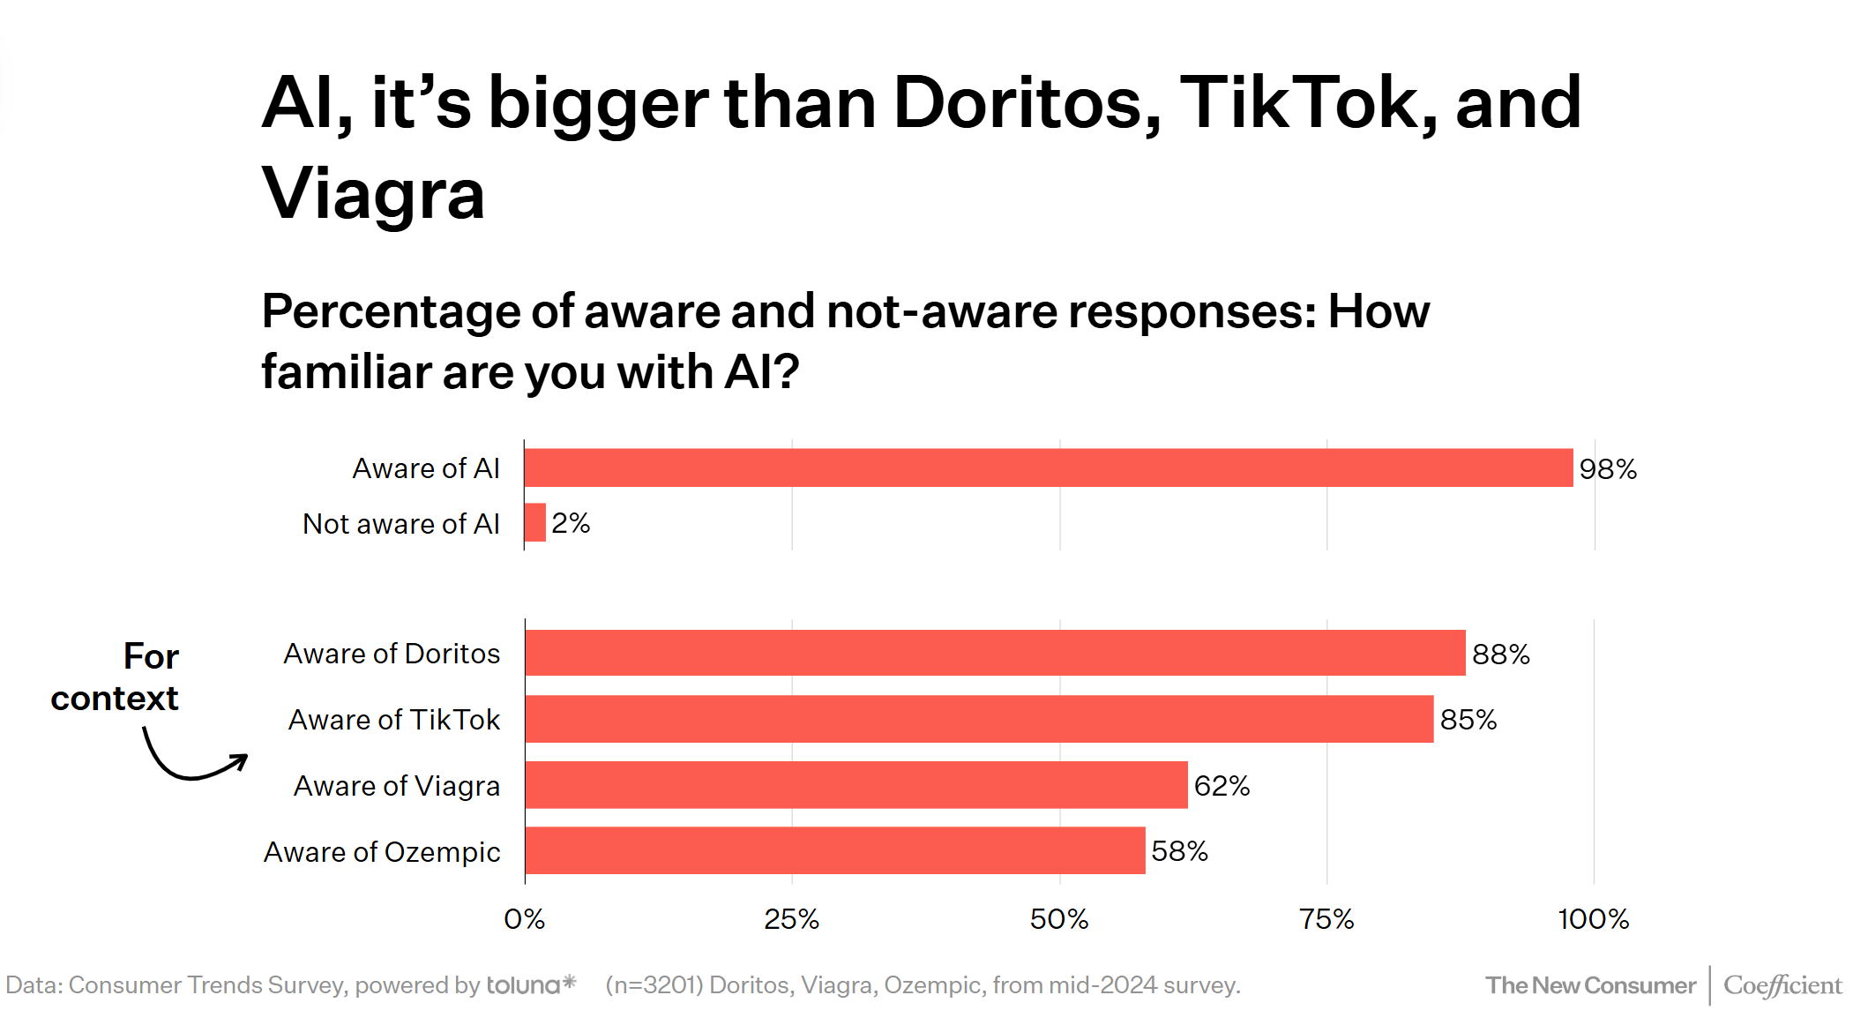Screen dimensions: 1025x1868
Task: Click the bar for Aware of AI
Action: pos(1048,468)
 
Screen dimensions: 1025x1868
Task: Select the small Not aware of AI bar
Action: pos(535,522)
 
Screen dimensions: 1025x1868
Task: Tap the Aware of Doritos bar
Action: pos(995,653)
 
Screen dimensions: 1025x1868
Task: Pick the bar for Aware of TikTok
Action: pos(979,719)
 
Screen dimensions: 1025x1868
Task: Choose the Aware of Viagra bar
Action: pos(856,785)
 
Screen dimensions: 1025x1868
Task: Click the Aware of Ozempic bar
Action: pos(834,850)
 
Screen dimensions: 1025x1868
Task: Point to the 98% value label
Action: pos(1608,469)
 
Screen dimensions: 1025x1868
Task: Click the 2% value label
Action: pos(571,523)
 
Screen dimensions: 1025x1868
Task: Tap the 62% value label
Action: pos(1222,785)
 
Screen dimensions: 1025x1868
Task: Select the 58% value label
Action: pos(1179,851)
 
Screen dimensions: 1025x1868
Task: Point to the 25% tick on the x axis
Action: pos(791,919)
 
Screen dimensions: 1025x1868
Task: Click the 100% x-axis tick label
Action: pos(1593,919)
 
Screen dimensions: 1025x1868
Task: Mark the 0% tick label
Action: pos(524,919)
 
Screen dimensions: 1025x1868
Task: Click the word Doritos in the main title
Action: pos(1027,104)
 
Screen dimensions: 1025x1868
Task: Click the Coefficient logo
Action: pos(1782,985)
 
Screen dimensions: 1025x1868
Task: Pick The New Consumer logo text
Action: pos(1590,985)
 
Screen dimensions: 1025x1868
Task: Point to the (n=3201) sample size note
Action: pos(654,985)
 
